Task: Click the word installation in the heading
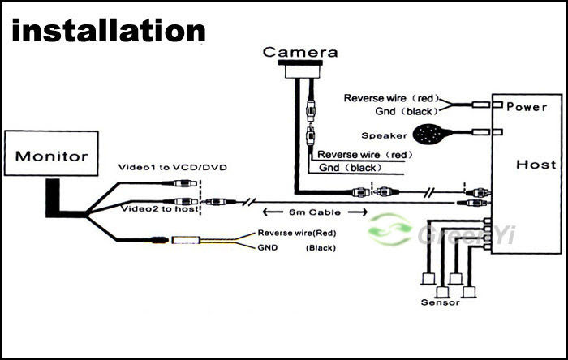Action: tap(109, 31)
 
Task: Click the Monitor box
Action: tap(51, 153)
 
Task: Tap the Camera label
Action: tap(300, 52)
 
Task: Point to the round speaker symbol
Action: tap(430, 135)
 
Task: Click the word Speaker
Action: tap(384, 135)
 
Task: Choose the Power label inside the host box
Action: tap(527, 107)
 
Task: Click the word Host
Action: tap(536, 165)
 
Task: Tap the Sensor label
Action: tap(440, 302)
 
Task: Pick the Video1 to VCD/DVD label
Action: tap(172, 167)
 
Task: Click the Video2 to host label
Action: tap(159, 208)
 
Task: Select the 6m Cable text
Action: tap(315, 212)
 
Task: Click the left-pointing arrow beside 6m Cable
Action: tap(273, 212)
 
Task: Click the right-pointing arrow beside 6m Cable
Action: tap(358, 212)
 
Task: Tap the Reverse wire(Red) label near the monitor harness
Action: tap(297, 233)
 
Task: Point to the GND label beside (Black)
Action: tap(267, 248)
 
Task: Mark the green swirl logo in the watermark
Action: tap(389, 229)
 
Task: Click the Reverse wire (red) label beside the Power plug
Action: tap(391, 98)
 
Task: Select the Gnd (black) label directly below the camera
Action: tap(351, 168)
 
